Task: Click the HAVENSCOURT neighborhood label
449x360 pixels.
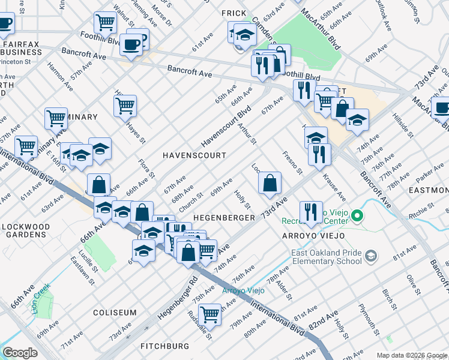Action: (195, 155)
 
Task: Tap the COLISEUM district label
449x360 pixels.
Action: (115, 313)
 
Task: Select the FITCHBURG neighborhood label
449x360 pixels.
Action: (164, 346)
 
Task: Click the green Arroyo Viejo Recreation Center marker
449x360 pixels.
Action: (357, 214)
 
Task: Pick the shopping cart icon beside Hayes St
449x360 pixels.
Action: (125, 106)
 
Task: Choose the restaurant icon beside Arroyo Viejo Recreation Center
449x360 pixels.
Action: (310, 211)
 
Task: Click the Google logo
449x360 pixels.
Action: (20, 352)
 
